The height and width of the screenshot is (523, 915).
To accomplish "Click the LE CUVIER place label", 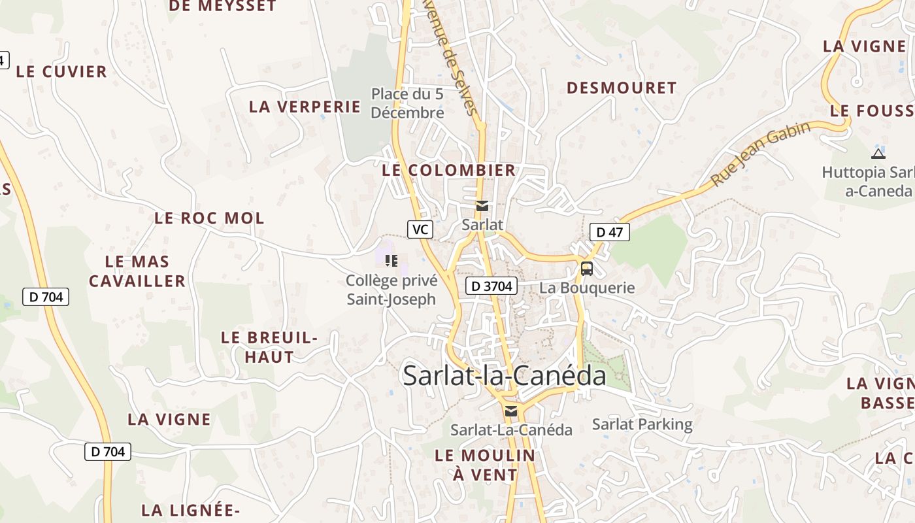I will [61, 72].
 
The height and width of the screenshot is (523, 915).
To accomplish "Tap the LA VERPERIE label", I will [305, 107].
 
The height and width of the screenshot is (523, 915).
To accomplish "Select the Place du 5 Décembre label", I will [407, 103].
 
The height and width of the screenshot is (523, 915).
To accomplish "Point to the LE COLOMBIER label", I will [449, 171].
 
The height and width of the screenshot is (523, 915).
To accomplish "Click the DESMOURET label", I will [622, 88].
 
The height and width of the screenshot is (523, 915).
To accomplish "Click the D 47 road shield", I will [609, 232].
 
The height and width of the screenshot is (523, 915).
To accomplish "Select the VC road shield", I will [421, 229].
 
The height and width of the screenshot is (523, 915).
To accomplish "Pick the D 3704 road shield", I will [491, 286].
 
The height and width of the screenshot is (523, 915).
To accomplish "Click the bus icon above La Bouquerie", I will [587, 268].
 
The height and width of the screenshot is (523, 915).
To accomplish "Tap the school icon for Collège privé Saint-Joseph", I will [391, 261].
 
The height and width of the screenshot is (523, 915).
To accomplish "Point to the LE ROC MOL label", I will [209, 218].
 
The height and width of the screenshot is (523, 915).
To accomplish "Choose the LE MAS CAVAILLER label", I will [137, 271].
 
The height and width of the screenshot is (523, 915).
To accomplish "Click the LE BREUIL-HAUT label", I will [269, 347].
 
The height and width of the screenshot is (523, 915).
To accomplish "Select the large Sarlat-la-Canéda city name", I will [505, 376].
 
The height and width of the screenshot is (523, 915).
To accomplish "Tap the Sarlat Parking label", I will [642, 424].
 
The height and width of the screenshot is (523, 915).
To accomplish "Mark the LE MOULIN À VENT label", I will [485, 465].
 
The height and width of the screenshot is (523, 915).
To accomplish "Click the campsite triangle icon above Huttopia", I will [878, 154].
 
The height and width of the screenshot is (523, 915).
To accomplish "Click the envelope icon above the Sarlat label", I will [482, 207].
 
